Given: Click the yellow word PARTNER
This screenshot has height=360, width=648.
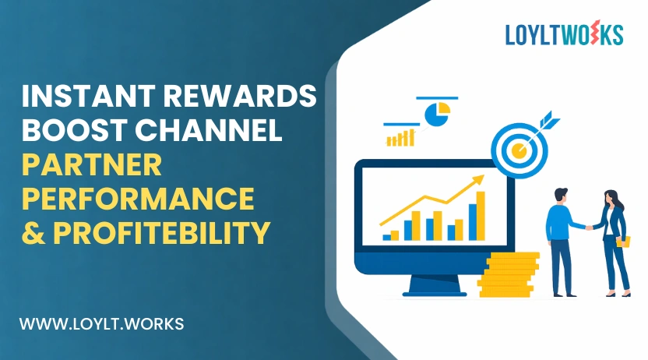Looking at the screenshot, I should [91, 164].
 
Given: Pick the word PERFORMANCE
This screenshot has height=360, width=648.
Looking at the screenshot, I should [138, 199].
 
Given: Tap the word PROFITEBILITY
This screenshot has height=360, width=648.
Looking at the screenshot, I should [164, 232].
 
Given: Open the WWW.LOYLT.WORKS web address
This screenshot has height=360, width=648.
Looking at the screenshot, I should [101, 323].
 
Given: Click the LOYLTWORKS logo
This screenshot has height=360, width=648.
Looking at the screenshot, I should [564, 34].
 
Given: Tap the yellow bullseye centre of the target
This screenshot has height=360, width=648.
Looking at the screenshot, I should [517, 148].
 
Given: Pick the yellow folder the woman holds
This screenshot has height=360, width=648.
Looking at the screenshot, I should [622, 242].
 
